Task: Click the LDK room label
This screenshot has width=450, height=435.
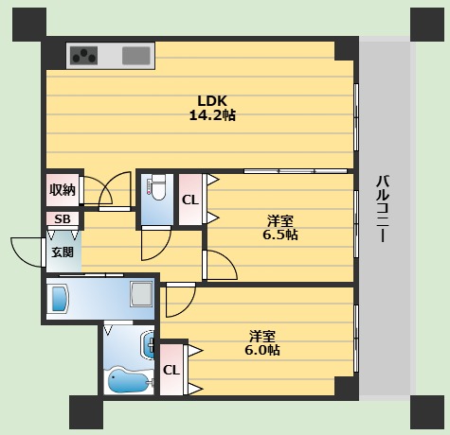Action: point(212,101)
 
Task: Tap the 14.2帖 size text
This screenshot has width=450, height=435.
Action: point(212,115)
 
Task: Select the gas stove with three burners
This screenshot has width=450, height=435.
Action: point(83,56)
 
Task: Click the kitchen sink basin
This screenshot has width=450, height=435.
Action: point(136,56)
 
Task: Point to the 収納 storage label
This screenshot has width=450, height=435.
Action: point(63,190)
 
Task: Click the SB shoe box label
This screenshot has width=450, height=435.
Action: point(63,218)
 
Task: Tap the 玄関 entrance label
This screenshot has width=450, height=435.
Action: point(63,252)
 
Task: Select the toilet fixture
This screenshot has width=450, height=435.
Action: point(157,188)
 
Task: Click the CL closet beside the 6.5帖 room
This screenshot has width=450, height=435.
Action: point(190,200)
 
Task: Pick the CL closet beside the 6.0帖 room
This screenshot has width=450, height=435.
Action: point(171,370)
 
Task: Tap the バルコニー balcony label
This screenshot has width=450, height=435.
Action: point(383,209)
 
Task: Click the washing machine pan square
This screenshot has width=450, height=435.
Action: point(141,294)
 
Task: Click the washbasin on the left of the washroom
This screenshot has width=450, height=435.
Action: point(60,298)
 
